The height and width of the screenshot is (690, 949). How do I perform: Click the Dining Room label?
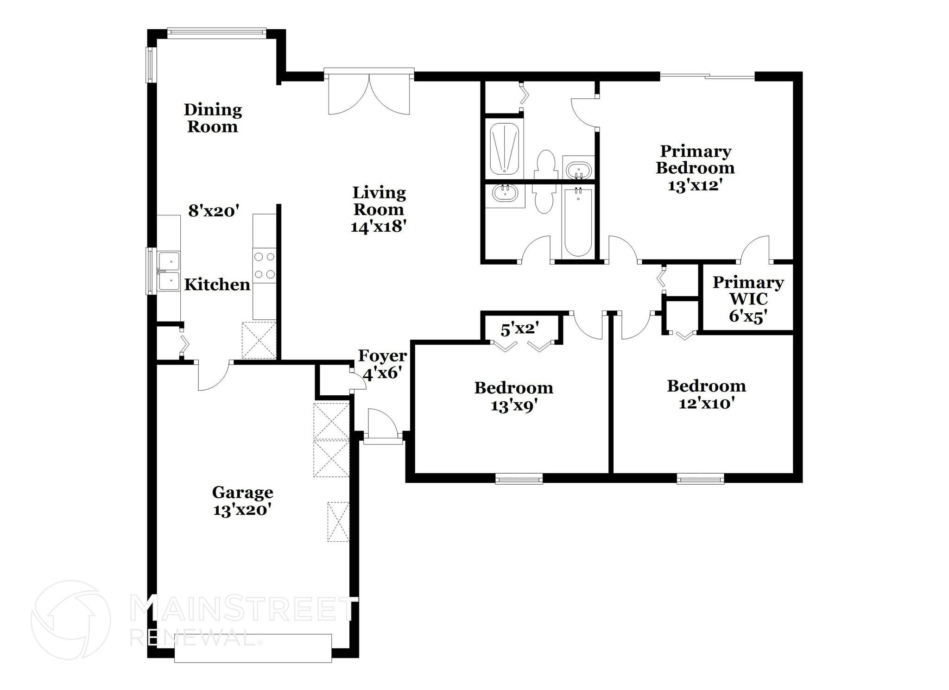213,118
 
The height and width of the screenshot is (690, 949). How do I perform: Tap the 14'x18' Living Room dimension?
379,227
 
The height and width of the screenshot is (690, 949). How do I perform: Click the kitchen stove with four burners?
264,267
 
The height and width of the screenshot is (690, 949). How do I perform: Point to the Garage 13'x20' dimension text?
242,510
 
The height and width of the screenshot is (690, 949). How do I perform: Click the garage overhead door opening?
253,648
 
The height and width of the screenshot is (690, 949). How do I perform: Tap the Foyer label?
382,356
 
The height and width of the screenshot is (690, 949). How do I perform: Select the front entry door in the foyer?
383,425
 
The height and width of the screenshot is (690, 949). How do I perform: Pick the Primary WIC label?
747,291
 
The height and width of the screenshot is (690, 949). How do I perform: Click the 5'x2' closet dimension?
519,329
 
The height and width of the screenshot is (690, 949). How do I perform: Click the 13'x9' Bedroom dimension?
514,406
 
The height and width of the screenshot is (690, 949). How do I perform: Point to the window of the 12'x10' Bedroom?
700,479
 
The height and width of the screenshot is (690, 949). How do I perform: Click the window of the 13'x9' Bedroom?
519,479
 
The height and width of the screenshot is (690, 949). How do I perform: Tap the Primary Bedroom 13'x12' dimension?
695,185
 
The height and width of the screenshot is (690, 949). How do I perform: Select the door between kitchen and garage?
214,375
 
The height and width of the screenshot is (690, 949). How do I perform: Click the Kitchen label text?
217,285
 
